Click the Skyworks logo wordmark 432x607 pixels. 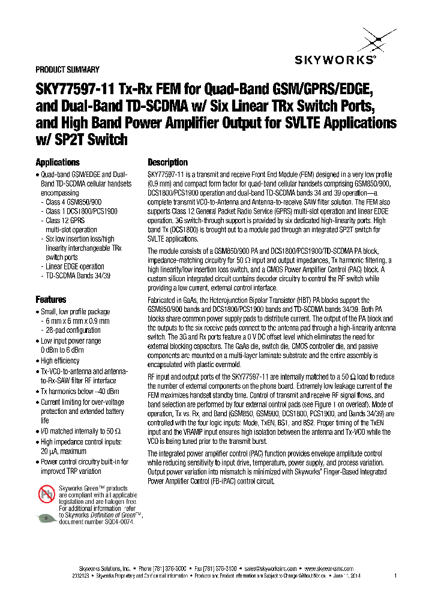[335, 59]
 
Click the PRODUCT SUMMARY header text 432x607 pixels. [67, 70]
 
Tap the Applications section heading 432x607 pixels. [58, 163]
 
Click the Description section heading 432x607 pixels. [167, 163]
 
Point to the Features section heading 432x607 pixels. [51, 299]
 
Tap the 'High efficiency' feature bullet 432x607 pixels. [60, 360]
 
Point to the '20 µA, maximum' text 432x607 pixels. [64, 451]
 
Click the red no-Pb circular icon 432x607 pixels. [46, 494]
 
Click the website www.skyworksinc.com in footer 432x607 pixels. [329, 568]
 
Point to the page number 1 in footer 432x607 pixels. [395, 576]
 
